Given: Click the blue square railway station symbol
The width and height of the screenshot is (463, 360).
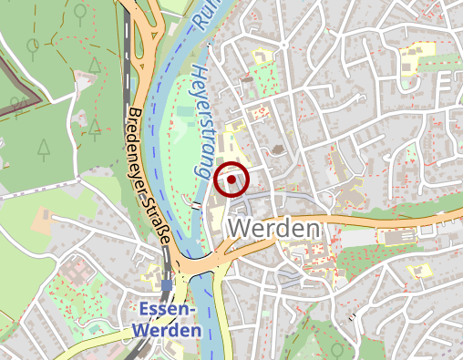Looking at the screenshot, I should [166, 285].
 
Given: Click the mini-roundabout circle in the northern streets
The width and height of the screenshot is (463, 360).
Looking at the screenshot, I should [283, 44].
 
